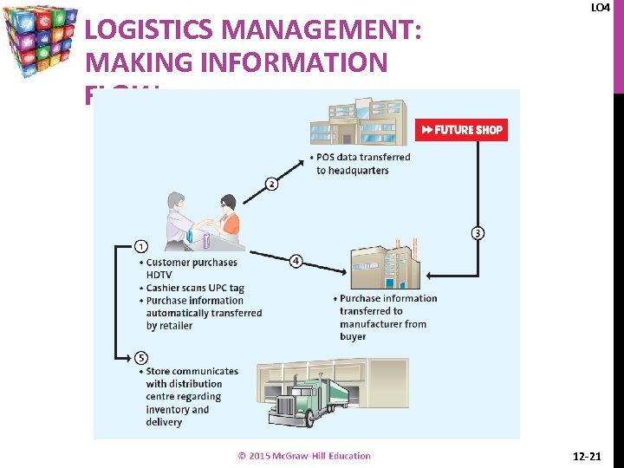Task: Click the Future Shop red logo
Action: point(461,130)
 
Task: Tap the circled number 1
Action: point(141,246)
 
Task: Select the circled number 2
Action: point(271,184)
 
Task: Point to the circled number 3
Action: point(478,232)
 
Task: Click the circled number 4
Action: point(296,261)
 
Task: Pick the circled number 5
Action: point(141,357)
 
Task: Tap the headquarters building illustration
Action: point(358,122)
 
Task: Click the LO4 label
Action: point(600,8)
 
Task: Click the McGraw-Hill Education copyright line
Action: point(304,456)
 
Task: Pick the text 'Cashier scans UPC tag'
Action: point(195,288)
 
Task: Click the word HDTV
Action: point(160,275)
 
